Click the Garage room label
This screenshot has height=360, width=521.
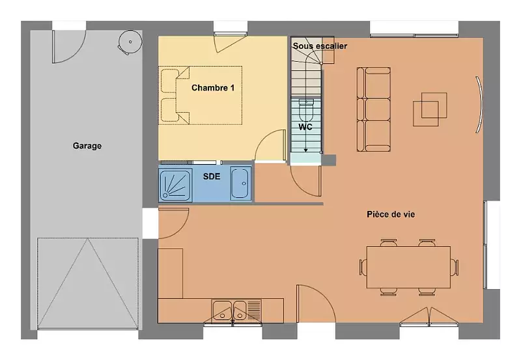pyautogui.click(x=87, y=146)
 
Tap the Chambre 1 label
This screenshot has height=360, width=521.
pyautogui.click(x=213, y=88)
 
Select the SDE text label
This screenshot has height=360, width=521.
pyautogui.click(x=212, y=176)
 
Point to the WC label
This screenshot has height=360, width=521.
pyautogui.click(x=305, y=127)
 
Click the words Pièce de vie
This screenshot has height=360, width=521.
pyautogui.click(x=391, y=214)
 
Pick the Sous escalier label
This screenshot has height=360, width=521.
pyautogui.click(x=320, y=46)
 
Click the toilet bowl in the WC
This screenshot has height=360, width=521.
pyautogui.click(x=306, y=109)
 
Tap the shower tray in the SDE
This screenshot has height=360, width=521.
pyautogui.click(x=175, y=184)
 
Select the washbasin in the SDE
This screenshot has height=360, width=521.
pyautogui.click(x=240, y=183)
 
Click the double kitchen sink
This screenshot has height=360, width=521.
pyautogui.click(x=229, y=311)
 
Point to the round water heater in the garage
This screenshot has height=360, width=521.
pyautogui.click(x=130, y=42)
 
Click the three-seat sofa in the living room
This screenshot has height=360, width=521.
pyautogui.click(x=373, y=109)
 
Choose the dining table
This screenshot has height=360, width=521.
pyautogui.click(x=408, y=267)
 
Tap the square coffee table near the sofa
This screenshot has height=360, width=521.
pyautogui.click(x=430, y=109)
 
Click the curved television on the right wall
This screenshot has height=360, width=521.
pyautogui.click(x=479, y=105)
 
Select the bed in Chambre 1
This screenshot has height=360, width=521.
pyautogui.click(x=201, y=95)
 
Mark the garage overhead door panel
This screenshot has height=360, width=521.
pyautogui.click(x=88, y=283)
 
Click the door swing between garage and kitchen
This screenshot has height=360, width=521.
pyautogui.click(x=174, y=223)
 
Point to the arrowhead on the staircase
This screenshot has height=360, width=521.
pyautogui.click(x=305, y=150)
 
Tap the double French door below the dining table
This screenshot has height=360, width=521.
pyautogui.click(x=429, y=316)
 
